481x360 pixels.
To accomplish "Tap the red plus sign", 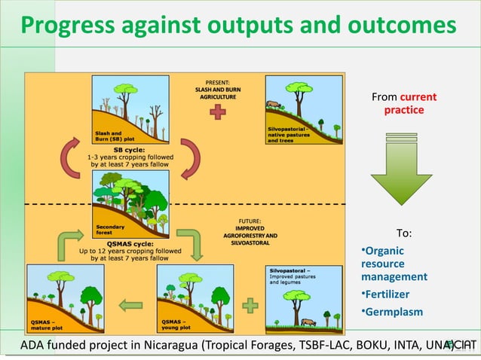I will coord(218,112).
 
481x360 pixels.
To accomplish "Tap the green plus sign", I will coord(250,307).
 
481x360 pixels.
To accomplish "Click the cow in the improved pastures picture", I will coord(307,322).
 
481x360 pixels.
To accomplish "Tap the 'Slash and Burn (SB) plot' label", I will coord(114,136).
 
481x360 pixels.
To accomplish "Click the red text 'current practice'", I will coord(404,104).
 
